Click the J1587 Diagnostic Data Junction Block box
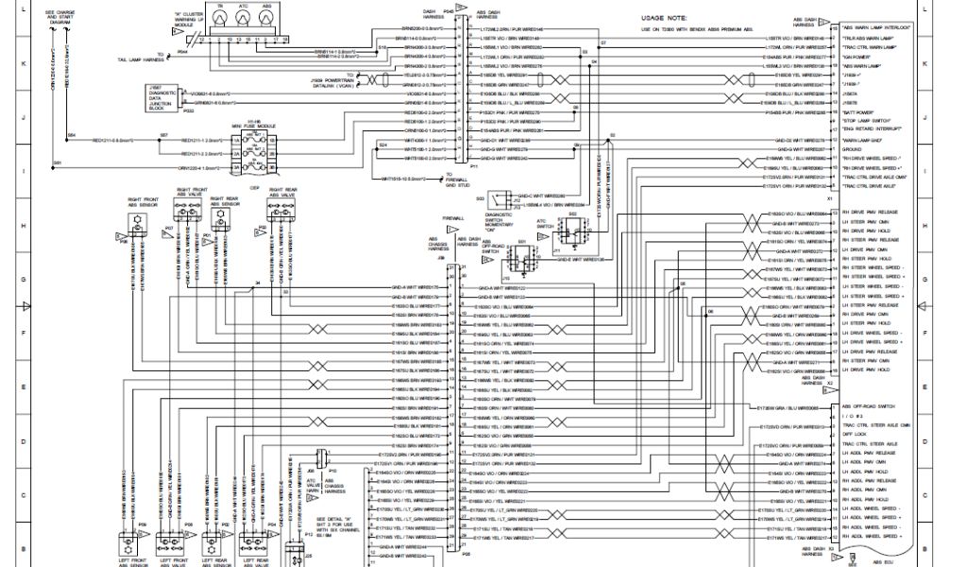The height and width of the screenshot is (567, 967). pos(169,98)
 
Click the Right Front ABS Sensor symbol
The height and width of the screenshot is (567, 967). pos(133,221)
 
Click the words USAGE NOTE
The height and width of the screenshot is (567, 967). pos(665,17)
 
